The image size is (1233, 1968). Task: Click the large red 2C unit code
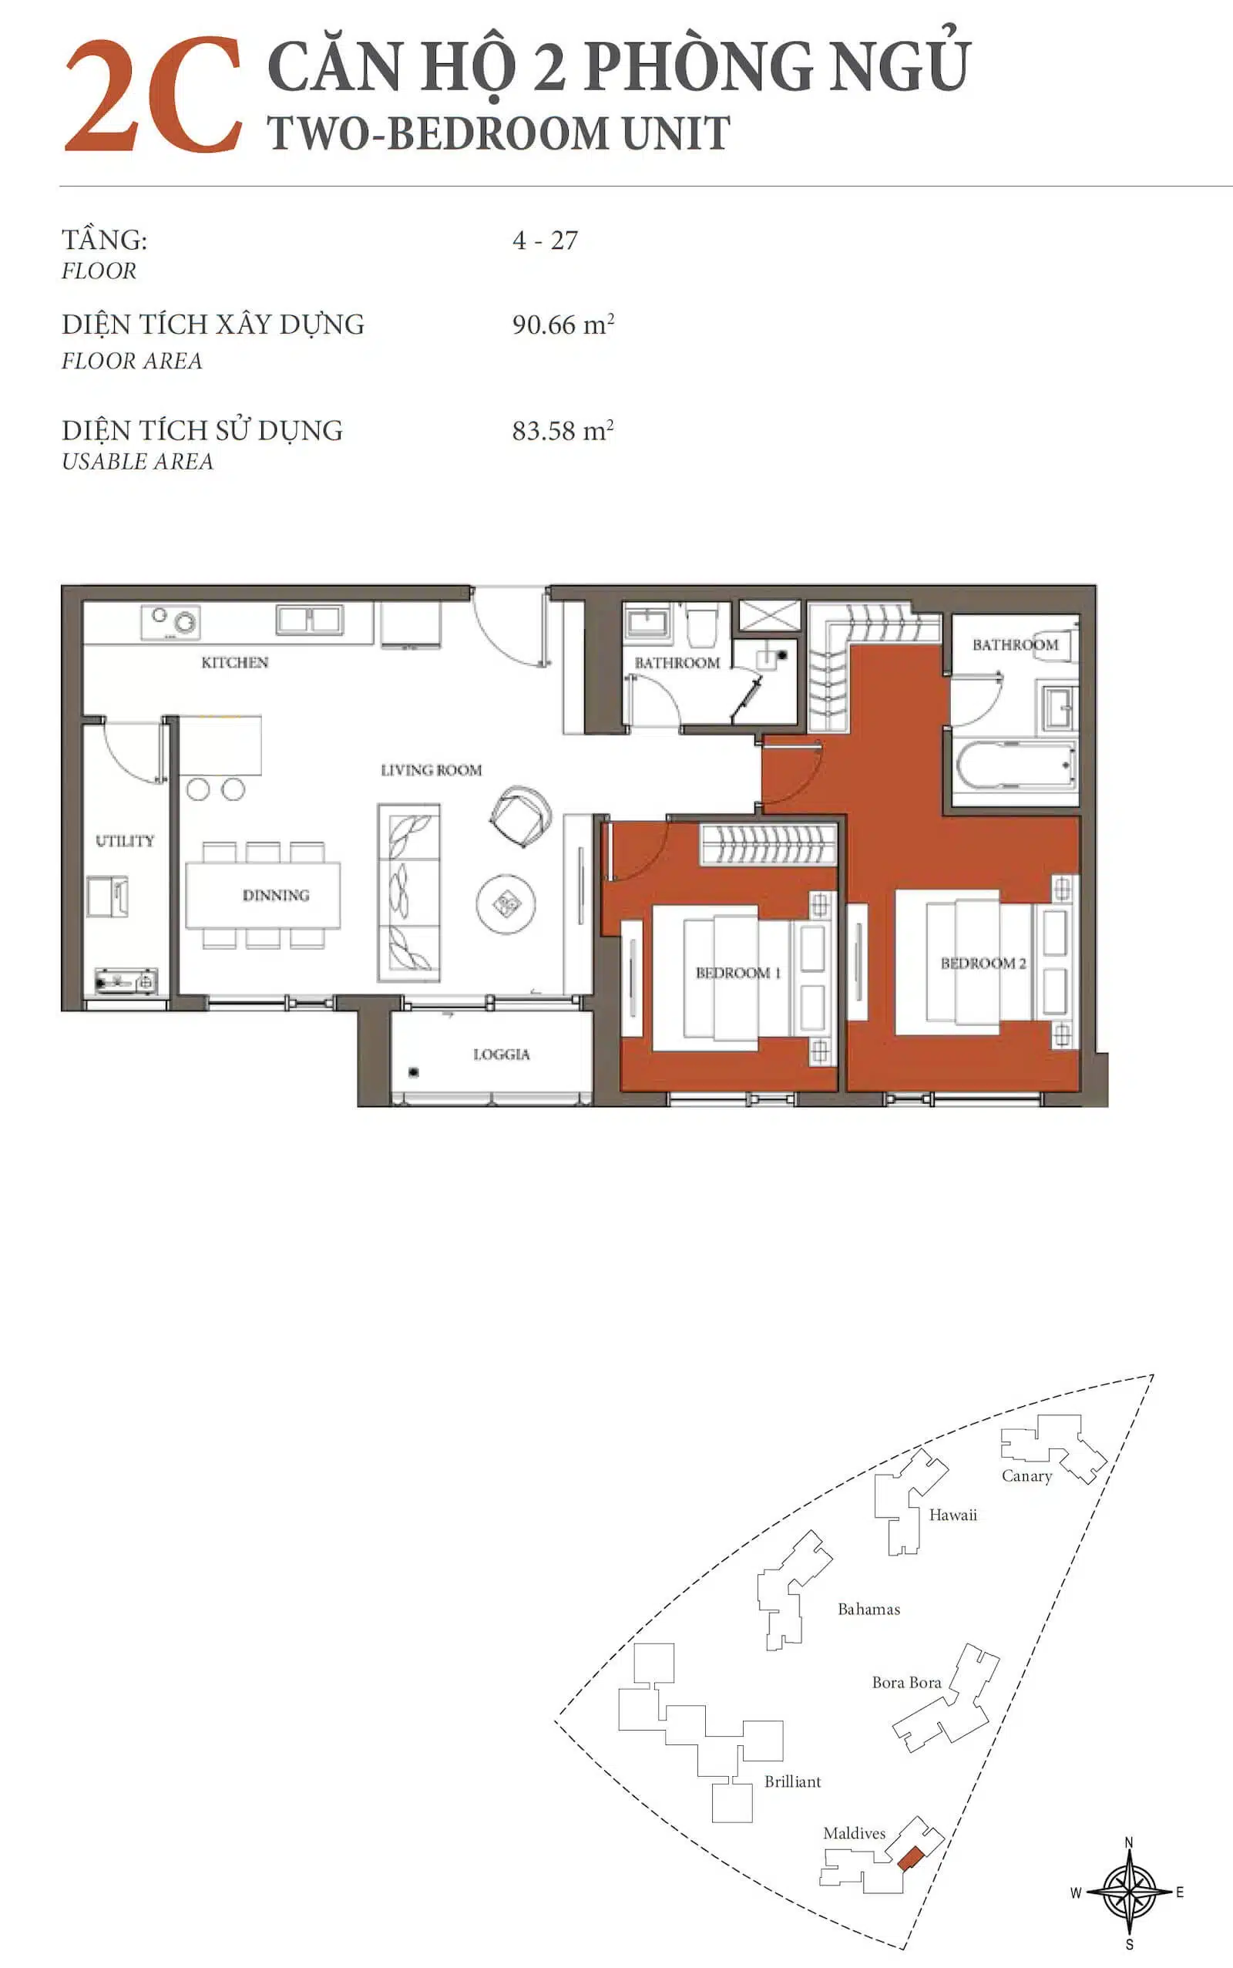pos(153,96)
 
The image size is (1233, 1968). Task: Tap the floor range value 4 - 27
pos(545,241)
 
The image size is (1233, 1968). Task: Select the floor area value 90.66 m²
pos(563,324)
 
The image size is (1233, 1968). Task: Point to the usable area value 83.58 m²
pos(563,430)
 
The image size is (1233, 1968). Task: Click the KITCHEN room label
pos(235,662)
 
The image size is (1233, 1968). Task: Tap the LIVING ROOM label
pos(432,770)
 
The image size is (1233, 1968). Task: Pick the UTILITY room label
pos(125,841)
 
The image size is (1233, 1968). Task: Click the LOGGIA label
pos(502,1055)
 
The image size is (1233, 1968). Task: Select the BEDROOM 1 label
pos(738,973)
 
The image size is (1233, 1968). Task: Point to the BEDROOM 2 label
pos(983,964)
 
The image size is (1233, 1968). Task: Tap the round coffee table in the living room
pos(506,903)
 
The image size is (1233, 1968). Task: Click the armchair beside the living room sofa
pos(520,816)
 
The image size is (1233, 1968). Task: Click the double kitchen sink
pos(309,620)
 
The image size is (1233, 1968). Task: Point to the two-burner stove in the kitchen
pos(170,622)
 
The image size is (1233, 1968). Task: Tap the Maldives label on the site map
pos(854,1832)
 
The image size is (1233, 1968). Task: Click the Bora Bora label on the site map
pos(906,1682)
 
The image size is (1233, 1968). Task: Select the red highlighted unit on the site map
pos(910,1857)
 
